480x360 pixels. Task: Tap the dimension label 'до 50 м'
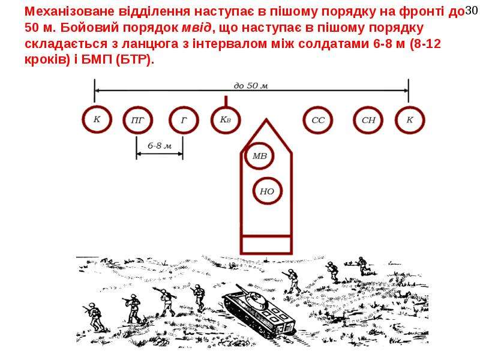251,85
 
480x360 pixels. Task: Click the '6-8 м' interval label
160,146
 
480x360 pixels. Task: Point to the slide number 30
471,11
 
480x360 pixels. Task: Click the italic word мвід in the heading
197,28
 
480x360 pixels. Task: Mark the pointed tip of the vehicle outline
266,119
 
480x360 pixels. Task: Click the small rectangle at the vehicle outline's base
266,245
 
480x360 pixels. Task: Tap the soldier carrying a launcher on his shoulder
166,301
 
